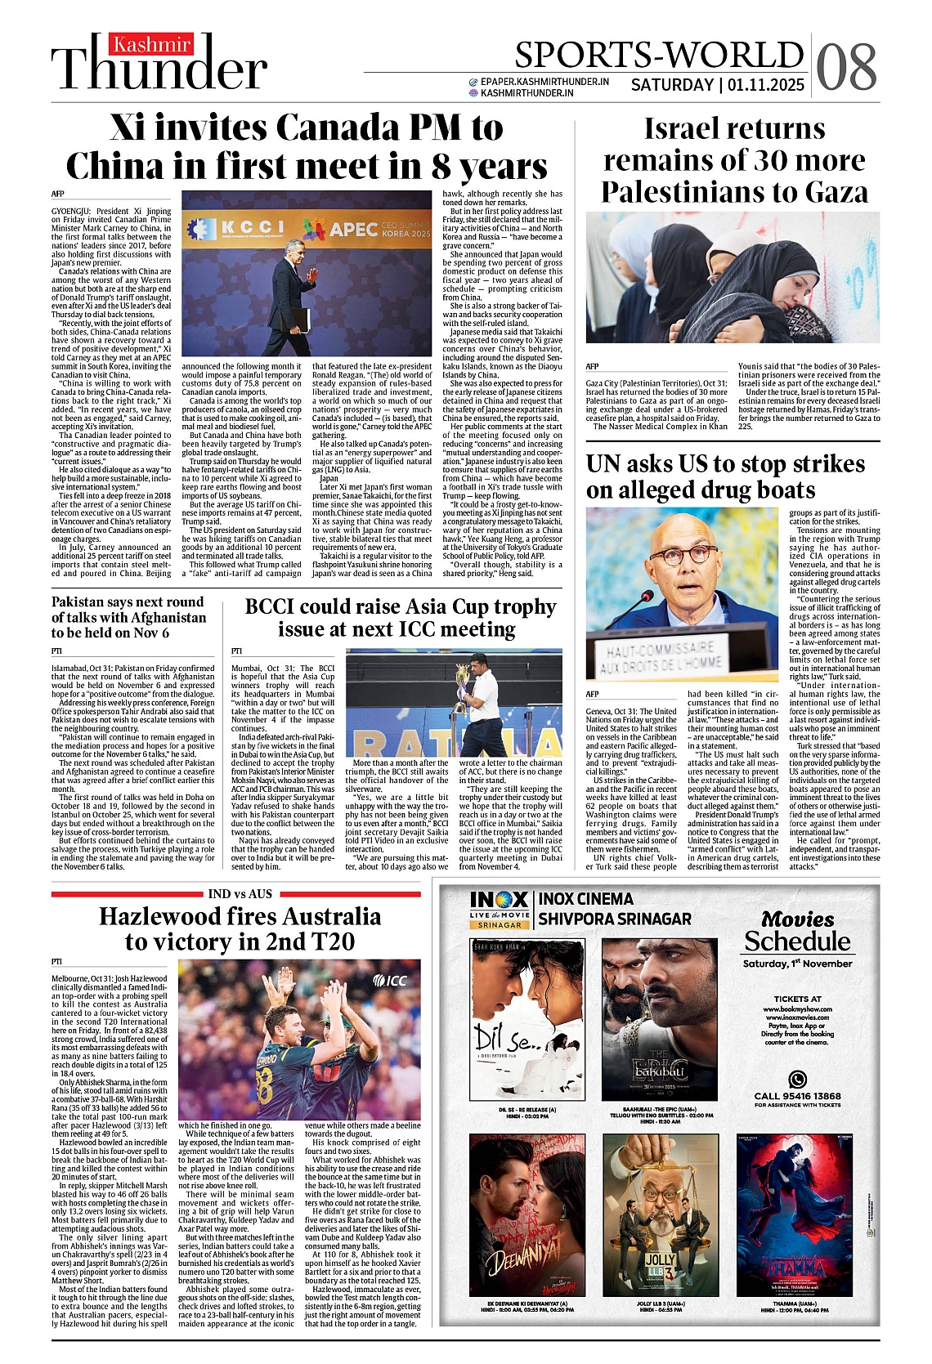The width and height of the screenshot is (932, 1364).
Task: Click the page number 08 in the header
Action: click(x=846, y=65)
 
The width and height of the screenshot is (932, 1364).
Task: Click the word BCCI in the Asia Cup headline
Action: click(x=282, y=607)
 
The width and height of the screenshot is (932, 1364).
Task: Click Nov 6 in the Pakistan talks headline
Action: click(x=152, y=633)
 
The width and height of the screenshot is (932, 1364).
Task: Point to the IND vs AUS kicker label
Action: click(x=240, y=894)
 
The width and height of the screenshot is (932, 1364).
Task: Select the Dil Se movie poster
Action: click(x=527, y=1019)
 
